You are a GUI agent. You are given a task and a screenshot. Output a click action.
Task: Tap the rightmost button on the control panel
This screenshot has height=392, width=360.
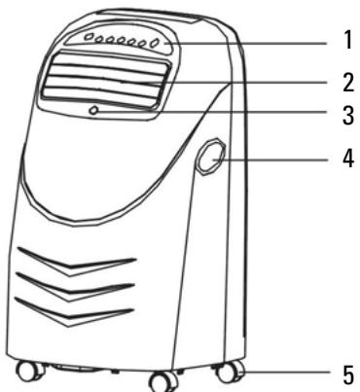(x=156, y=44)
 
